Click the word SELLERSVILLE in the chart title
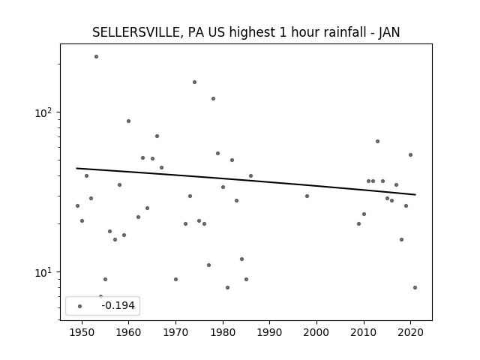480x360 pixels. coord(136,32)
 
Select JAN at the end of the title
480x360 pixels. coord(389,32)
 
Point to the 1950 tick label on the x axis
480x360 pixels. coord(82,332)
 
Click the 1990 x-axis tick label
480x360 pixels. coord(270,332)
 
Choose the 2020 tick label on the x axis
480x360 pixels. coord(410,332)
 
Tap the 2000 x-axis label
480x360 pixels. coord(316,332)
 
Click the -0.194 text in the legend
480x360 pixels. coord(118,305)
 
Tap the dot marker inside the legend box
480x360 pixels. coord(80,306)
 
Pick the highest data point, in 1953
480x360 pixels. coord(97,57)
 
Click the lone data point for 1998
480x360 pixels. coord(307,196)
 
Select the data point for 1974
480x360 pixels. coord(194,82)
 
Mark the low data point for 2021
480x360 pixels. coord(415,287)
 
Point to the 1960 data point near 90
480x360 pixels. coord(128,121)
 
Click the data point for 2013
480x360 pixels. coord(377,142)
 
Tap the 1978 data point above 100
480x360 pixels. coord(213,98)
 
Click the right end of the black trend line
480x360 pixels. coord(415,195)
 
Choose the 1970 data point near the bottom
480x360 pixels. coord(175,279)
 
